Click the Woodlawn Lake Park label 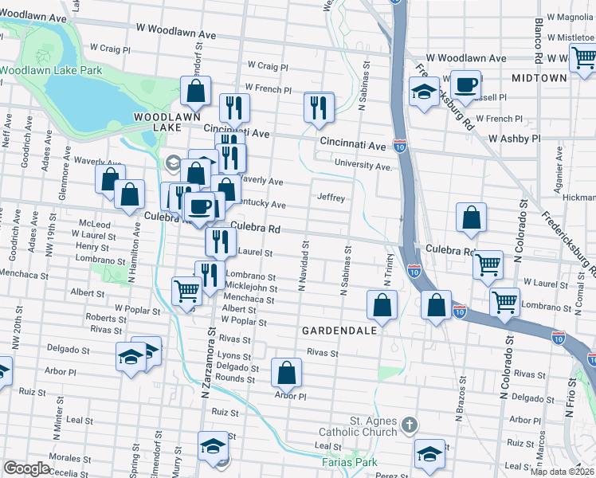[51, 70]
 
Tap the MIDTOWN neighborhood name [539, 78]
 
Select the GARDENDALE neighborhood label [333, 330]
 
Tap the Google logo [26, 468]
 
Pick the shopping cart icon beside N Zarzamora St [186, 290]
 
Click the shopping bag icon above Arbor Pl [286, 371]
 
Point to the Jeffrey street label [331, 197]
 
